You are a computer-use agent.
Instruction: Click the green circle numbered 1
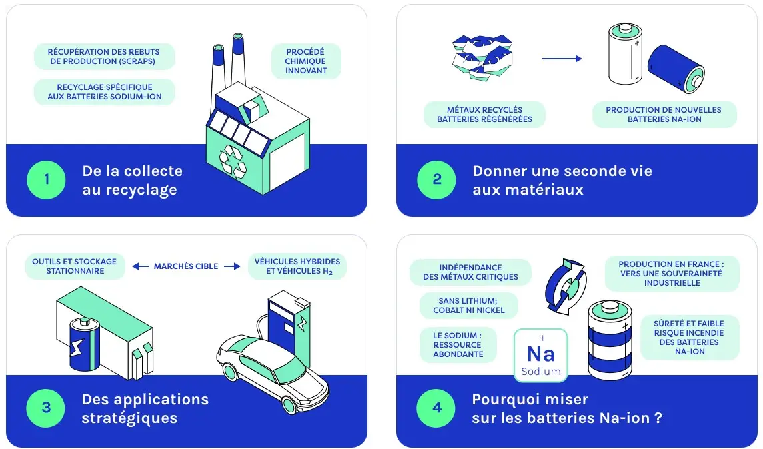point(46,180)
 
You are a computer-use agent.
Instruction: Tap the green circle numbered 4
point(436,408)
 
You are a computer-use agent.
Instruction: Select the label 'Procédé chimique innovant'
point(306,61)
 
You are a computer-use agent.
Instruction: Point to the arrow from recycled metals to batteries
point(562,59)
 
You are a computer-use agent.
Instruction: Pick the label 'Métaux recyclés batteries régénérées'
point(484,115)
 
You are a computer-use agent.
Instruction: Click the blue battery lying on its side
point(676,69)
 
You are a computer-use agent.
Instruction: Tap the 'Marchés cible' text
point(186,266)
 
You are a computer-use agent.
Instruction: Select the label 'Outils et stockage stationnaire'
point(74,266)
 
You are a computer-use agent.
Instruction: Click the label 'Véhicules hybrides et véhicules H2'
point(297,266)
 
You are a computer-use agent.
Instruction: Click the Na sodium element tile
point(540,355)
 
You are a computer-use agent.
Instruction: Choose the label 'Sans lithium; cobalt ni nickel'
point(468,306)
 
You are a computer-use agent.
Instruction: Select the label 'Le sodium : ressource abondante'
point(458,345)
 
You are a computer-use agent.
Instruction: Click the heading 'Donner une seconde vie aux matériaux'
point(562,180)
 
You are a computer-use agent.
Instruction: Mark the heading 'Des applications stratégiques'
point(145,408)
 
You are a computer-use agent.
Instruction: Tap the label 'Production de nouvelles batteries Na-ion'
point(664,115)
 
